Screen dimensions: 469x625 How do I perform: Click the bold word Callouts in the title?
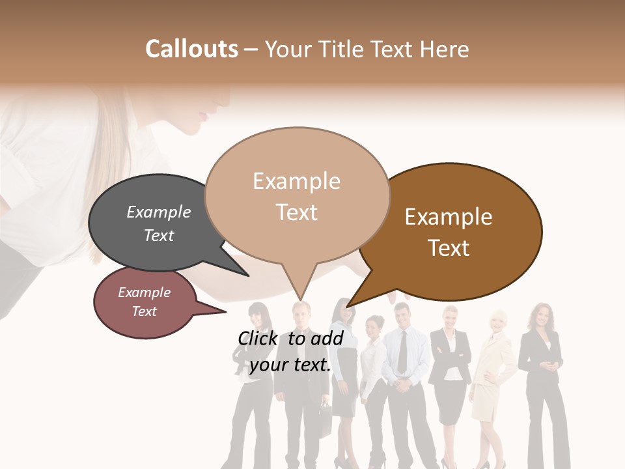191,49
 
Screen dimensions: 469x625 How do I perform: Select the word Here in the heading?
445,49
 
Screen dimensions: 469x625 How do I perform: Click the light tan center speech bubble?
297,195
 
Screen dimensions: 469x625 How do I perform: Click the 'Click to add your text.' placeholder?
290,352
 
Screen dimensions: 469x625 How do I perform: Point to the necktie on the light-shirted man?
403,352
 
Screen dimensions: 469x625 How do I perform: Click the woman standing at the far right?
542,384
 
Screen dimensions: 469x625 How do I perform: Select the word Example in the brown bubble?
449,217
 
